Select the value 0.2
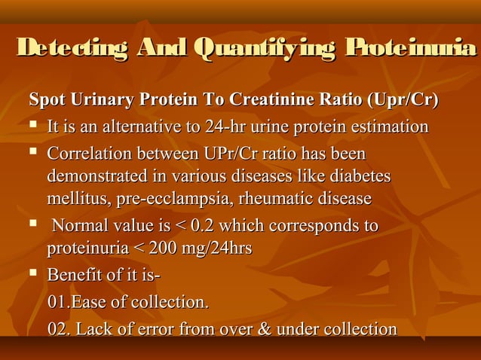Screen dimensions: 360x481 tap(202, 226)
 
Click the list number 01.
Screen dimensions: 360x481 tap(57, 303)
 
